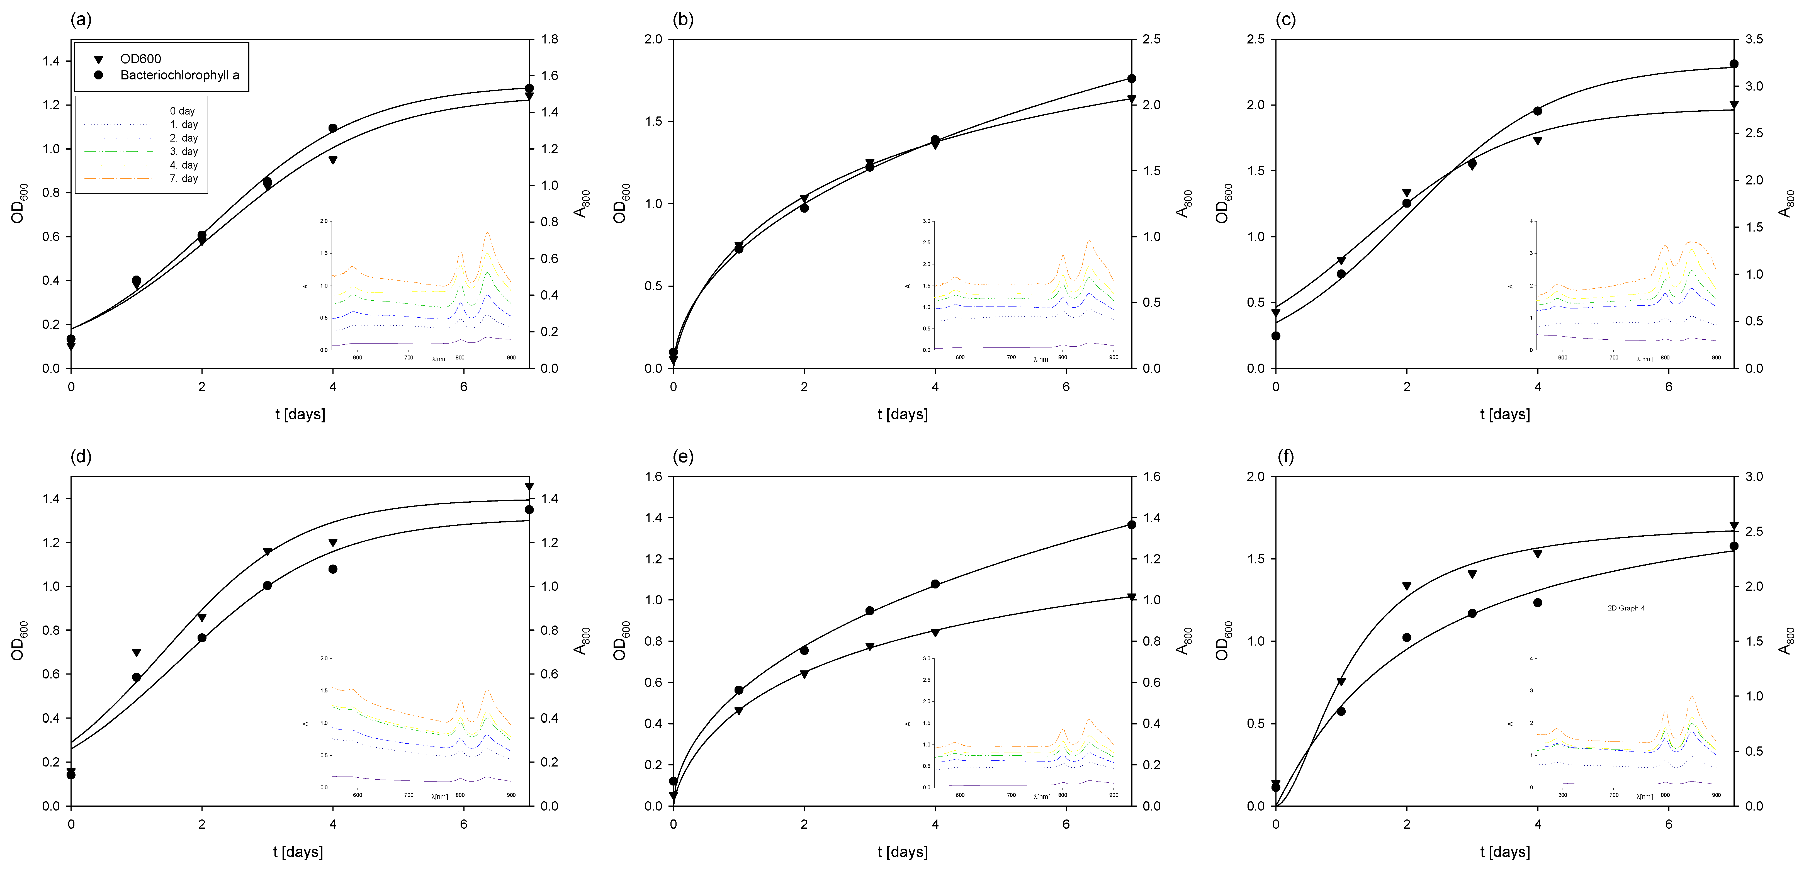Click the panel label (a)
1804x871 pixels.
click(81, 20)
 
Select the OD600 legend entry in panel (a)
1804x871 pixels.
click(140, 59)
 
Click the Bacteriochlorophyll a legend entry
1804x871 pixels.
click(179, 75)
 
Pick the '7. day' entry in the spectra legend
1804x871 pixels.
click(183, 179)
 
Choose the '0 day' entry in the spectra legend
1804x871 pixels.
click(182, 111)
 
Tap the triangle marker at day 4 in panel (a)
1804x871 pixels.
click(333, 160)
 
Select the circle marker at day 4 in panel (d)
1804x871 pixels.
click(333, 569)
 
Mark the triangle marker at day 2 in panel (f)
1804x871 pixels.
click(1406, 586)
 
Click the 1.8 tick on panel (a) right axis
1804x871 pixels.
click(550, 39)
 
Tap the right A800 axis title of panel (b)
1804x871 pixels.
click(1182, 203)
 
